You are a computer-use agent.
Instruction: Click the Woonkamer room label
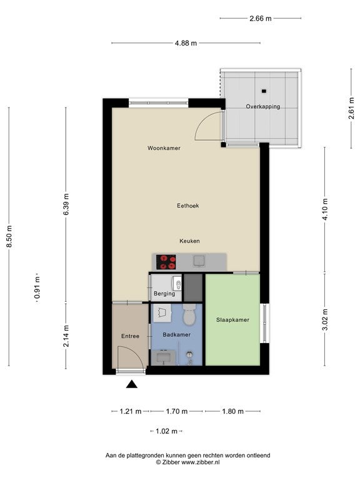(x=164, y=148)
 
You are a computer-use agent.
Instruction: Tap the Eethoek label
(x=188, y=206)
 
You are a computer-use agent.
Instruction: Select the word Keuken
(x=189, y=241)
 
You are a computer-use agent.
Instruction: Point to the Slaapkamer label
(x=232, y=320)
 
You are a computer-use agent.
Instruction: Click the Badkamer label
(x=177, y=335)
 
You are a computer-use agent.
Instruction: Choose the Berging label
(x=164, y=294)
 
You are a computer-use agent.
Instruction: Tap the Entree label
(x=130, y=336)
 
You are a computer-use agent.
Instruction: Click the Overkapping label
(x=263, y=107)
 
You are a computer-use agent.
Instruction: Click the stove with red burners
(x=166, y=262)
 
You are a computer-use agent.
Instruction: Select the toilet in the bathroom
(x=189, y=315)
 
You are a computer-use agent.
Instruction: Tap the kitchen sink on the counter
(x=199, y=261)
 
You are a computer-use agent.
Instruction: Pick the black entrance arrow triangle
(x=132, y=384)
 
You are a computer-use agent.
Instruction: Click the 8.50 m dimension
(x=9, y=237)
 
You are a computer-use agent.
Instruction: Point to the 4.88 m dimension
(x=186, y=43)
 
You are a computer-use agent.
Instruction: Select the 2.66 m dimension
(x=261, y=18)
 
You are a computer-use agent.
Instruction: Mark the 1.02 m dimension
(x=166, y=431)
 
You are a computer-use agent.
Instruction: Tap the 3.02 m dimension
(x=325, y=320)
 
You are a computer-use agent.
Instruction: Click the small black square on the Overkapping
(x=264, y=91)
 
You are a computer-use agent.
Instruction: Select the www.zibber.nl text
(x=201, y=462)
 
